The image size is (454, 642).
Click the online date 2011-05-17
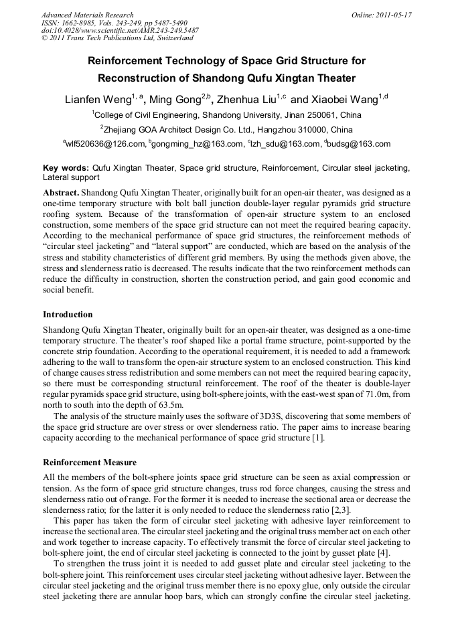point(391,15)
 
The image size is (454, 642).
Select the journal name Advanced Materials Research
point(88,15)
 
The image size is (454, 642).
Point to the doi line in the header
point(120,31)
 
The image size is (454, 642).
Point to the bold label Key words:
point(66,168)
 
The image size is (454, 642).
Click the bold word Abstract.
point(60,192)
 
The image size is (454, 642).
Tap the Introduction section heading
point(68,314)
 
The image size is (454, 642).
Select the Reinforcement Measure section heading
point(90,462)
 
